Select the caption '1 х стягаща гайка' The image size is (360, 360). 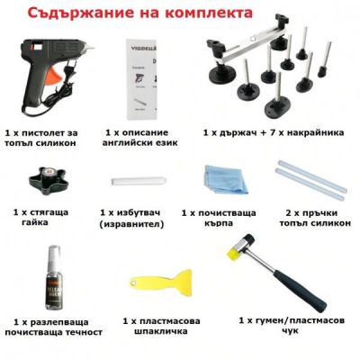43,217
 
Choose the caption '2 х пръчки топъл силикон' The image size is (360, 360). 310,219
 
